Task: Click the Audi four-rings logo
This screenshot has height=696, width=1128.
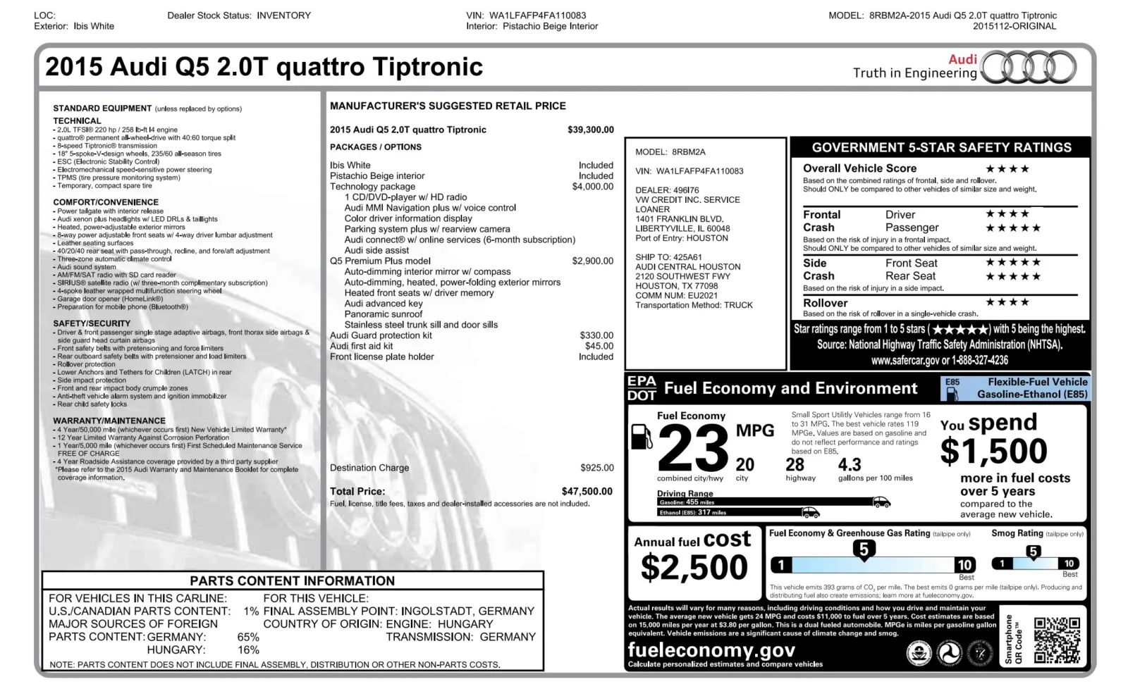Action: click(1029, 68)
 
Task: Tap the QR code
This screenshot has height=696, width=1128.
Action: click(1057, 640)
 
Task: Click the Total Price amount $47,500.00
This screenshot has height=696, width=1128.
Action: click(587, 491)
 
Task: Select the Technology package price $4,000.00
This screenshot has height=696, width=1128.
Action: click(592, 187)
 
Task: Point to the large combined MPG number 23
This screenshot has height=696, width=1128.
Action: click(692, 449)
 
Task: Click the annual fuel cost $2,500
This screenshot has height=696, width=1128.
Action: click(694, 568)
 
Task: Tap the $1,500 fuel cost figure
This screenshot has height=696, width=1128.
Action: click(993, 451)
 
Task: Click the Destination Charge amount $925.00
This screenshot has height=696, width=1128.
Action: click(596, 468)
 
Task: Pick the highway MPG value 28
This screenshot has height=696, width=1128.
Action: click(795, 465)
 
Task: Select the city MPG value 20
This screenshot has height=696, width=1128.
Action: click(744, 465)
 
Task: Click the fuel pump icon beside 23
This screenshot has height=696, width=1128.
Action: click(641, 436)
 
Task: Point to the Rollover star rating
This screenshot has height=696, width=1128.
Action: click(1007, 302)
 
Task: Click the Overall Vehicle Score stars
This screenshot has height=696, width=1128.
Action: click(1007, 169)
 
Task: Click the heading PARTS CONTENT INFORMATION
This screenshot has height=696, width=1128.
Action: click(292, 580)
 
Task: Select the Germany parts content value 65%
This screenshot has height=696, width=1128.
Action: click(248, 637)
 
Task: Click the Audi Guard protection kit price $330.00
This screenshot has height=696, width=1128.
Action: click(596, 335)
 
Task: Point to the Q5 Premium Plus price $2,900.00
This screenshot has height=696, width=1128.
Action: click(592, 261)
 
